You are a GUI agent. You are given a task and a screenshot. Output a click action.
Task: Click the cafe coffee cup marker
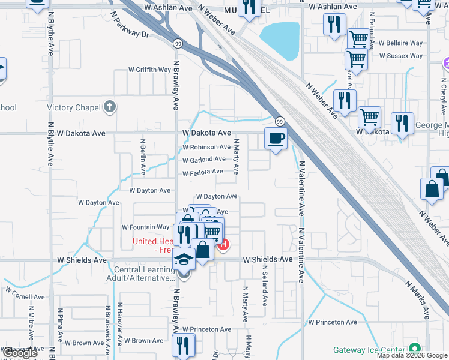[276, 139]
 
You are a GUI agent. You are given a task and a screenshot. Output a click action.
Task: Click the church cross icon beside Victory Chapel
[109, 107]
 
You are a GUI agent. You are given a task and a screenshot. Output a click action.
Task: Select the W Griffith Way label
[149, 70]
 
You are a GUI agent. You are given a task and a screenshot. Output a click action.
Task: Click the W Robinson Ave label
[206, 147]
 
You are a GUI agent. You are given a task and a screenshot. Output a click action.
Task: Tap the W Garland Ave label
[204, 160]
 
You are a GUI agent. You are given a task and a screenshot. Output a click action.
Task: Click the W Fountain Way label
[146, 227]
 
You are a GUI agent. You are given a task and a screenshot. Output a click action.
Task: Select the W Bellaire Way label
[400, 44]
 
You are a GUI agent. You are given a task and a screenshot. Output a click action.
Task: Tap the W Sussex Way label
[401, 56]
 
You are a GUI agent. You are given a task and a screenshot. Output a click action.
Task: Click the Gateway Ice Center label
[369, 350]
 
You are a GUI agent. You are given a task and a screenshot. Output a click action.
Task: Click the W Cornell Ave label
[26, 296]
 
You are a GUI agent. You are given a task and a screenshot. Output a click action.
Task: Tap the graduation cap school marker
[183, 260]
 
